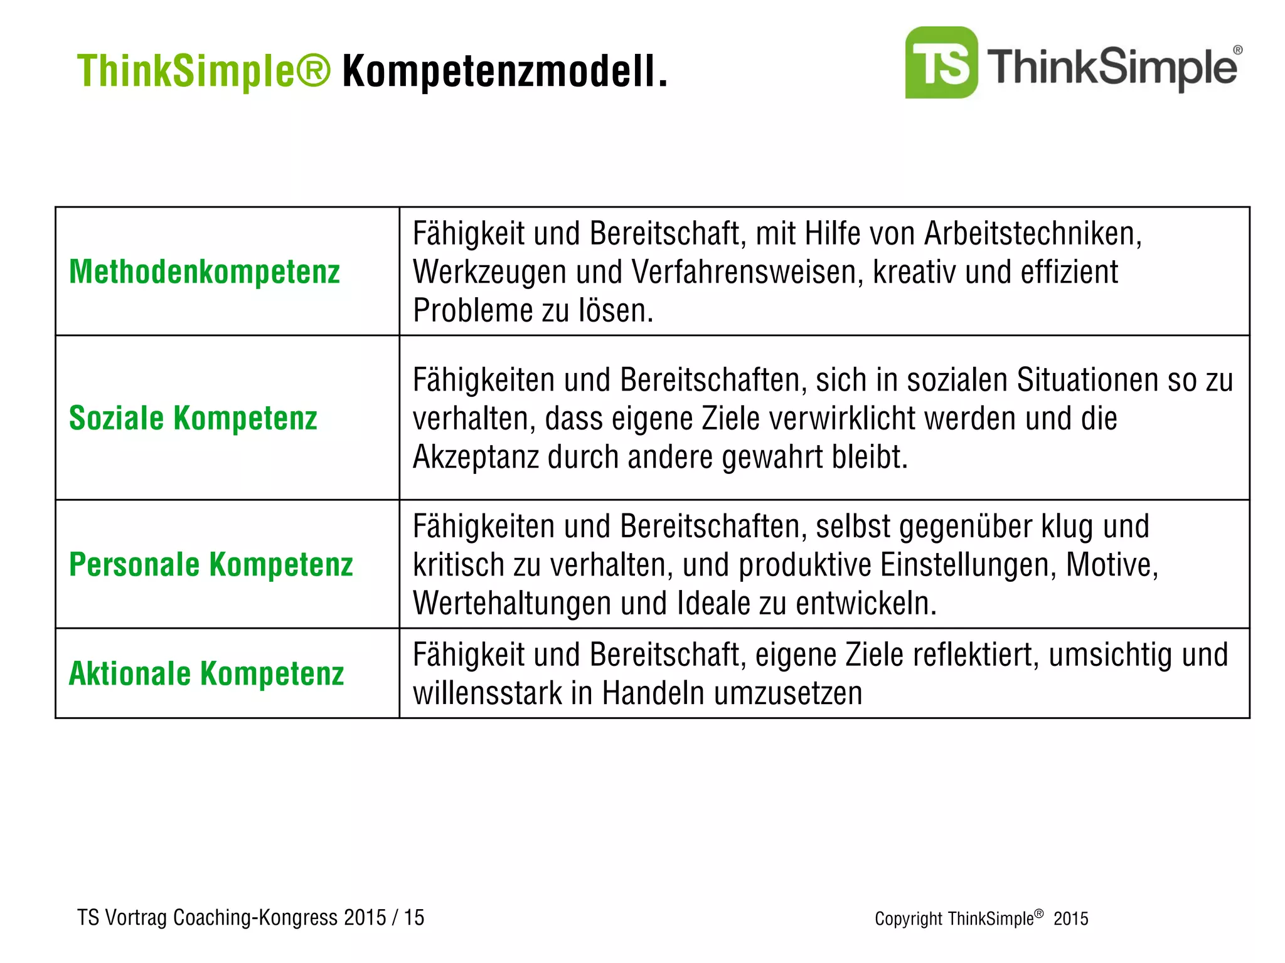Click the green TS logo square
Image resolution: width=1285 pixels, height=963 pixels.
[941, 63]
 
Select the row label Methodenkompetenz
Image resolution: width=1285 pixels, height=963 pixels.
[205, 272]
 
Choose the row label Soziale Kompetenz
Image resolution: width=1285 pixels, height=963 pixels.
[193, 418]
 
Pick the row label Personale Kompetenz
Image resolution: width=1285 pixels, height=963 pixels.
[211, 564]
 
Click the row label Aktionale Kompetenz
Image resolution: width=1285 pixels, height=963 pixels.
[206, 673]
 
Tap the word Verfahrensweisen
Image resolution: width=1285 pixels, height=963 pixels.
[747, 273]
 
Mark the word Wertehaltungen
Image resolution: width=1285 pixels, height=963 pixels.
[511, 603]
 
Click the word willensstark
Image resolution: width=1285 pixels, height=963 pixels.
[487, 693]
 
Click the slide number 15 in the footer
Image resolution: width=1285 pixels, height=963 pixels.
[414, 917]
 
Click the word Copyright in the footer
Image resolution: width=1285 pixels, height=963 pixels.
[908, 919]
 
